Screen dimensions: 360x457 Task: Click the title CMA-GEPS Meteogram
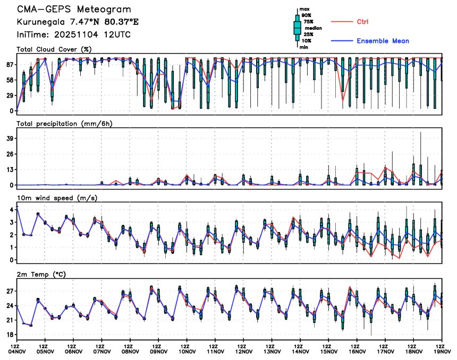click(x=74, y=10)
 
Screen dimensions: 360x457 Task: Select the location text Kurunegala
click(x=39, y=22)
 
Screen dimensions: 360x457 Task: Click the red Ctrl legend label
click(x=363, y=21)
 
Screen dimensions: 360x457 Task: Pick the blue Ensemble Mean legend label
click(x=383, y=41)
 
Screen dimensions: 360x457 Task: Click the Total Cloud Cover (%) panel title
click(x=54, y=49)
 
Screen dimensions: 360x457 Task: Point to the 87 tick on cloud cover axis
click(x=9, y=65)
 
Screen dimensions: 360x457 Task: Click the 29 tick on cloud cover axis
click(x=9, y=96)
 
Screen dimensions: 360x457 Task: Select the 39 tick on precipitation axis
click(x=9, y=138)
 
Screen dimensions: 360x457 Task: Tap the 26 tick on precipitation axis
click(x=9, y=154)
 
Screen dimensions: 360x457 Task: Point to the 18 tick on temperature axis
click(x=9, y=335)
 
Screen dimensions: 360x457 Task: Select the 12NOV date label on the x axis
click(x=244, y=351)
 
